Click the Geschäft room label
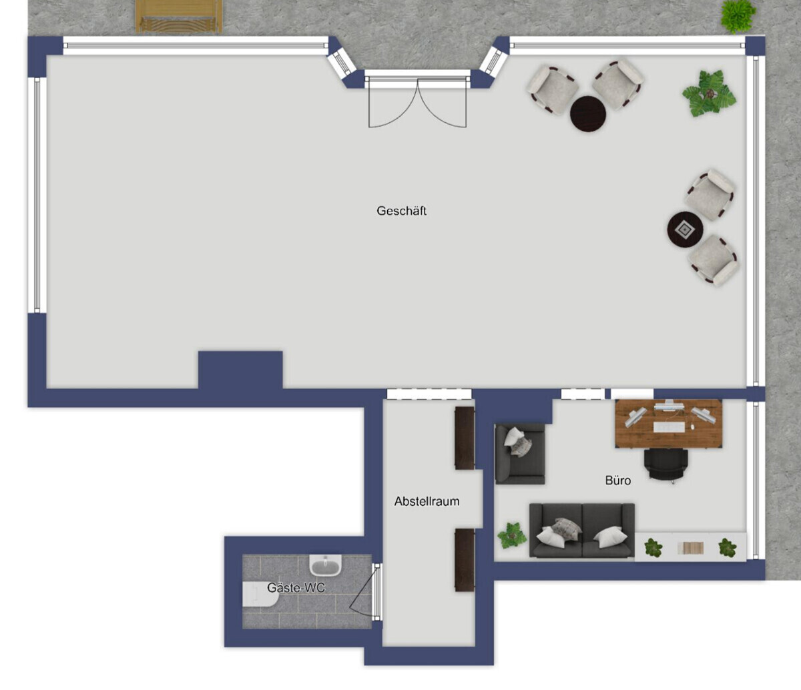401,211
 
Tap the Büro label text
617,480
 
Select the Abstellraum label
427,501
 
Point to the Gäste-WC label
296,588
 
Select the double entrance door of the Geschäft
417,103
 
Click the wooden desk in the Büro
668,424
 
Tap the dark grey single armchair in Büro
520,454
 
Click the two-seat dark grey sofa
581,531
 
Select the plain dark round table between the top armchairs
588,114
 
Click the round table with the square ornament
686,230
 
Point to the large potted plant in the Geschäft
709,93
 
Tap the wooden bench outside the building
178,16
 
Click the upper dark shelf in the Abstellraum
465,438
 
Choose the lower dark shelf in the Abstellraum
465,560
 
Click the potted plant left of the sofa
511,535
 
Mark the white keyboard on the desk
668,427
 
